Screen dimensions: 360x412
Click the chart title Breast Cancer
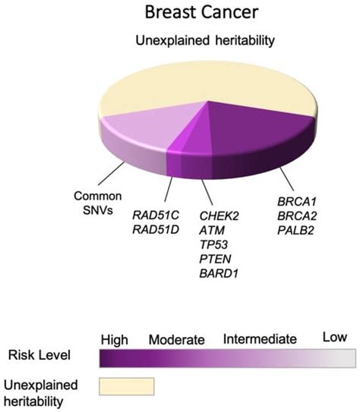click(202, 12)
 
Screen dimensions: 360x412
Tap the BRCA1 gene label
click(297, 202)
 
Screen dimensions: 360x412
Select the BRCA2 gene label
click(297, 216)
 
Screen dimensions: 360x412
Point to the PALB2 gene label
click(296, 231)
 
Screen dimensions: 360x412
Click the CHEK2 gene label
click(219, 216)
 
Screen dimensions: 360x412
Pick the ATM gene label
click(212, 231)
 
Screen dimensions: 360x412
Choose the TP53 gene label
click(213, 244)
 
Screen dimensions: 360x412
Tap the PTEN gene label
click(215, 259)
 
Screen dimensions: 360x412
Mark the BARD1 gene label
click(219, 273)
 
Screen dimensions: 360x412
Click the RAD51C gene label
click(156, 215)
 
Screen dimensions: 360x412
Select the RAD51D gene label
click(156, 230)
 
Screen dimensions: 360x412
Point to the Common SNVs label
click(98, 203)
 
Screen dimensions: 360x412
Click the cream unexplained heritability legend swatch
click(127, 386)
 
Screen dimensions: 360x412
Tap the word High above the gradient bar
click(115, 339)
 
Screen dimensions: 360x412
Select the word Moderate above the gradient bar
click(177, 339)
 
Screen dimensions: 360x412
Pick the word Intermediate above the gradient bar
click(260, 339)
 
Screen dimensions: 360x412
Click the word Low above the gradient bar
click(335, 337)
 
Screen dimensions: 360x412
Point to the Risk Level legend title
click(39, 355)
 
